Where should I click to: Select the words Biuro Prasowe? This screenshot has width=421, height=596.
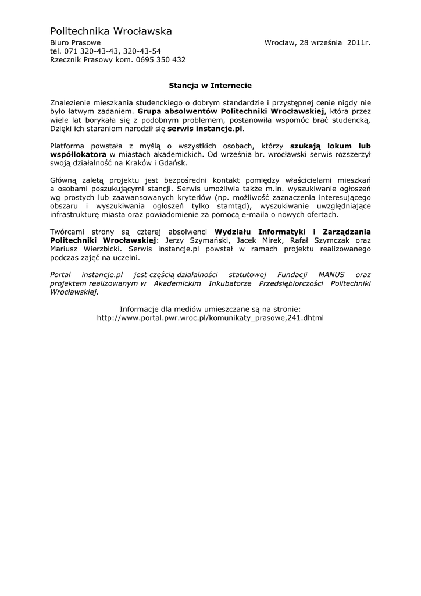[x=75, y=43]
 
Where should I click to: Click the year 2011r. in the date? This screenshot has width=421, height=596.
[x=359, y=43]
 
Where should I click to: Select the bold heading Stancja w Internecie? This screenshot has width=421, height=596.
[x=210, y=84]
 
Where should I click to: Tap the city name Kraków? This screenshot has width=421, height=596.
[x=144, y=163]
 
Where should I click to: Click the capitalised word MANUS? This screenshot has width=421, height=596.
[x=330, y=274]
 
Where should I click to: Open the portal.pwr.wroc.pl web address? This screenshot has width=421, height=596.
[x=210, y=318]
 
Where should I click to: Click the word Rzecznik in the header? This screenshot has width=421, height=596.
[x=65, y=59]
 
